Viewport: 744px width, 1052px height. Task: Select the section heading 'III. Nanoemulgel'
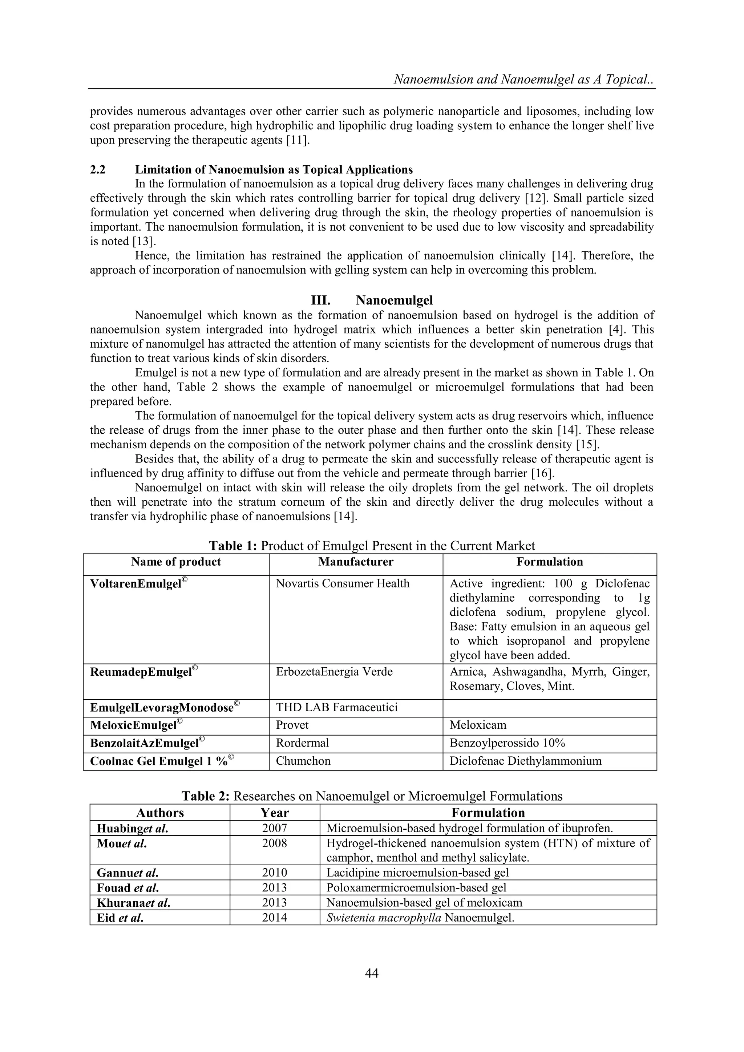[372, 300]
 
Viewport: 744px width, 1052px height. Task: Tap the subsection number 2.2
[98, 170]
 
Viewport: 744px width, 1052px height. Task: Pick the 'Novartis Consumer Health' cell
[342, 583]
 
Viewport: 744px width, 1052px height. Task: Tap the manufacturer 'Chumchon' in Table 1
[303, 761]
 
